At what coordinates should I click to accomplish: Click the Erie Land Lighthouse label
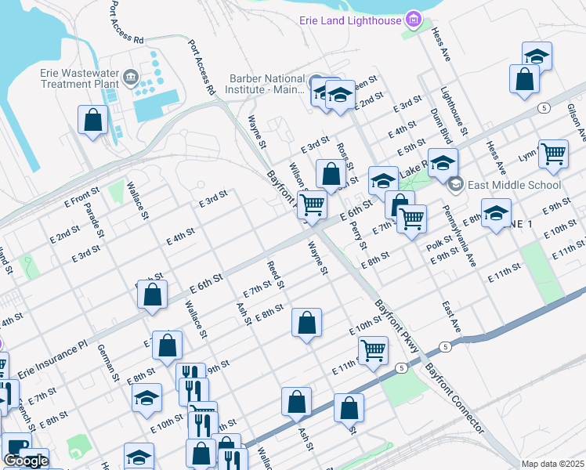[349, 20]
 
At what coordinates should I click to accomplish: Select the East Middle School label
[515, 185]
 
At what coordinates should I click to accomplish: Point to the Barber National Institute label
[266, 84]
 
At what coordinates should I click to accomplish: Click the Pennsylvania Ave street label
[459, 234]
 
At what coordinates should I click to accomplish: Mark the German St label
[108, 365]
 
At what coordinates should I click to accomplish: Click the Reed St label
[275, 274]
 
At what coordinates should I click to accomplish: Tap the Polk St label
[435, 246]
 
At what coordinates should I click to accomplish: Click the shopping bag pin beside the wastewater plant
[93, 121]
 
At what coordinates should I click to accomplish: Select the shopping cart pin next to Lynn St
[553, 154]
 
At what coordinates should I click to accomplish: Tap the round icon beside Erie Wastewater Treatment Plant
[130, 78]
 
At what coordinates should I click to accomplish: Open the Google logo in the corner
[26, 461]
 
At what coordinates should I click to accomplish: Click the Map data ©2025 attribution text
[552, 464]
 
